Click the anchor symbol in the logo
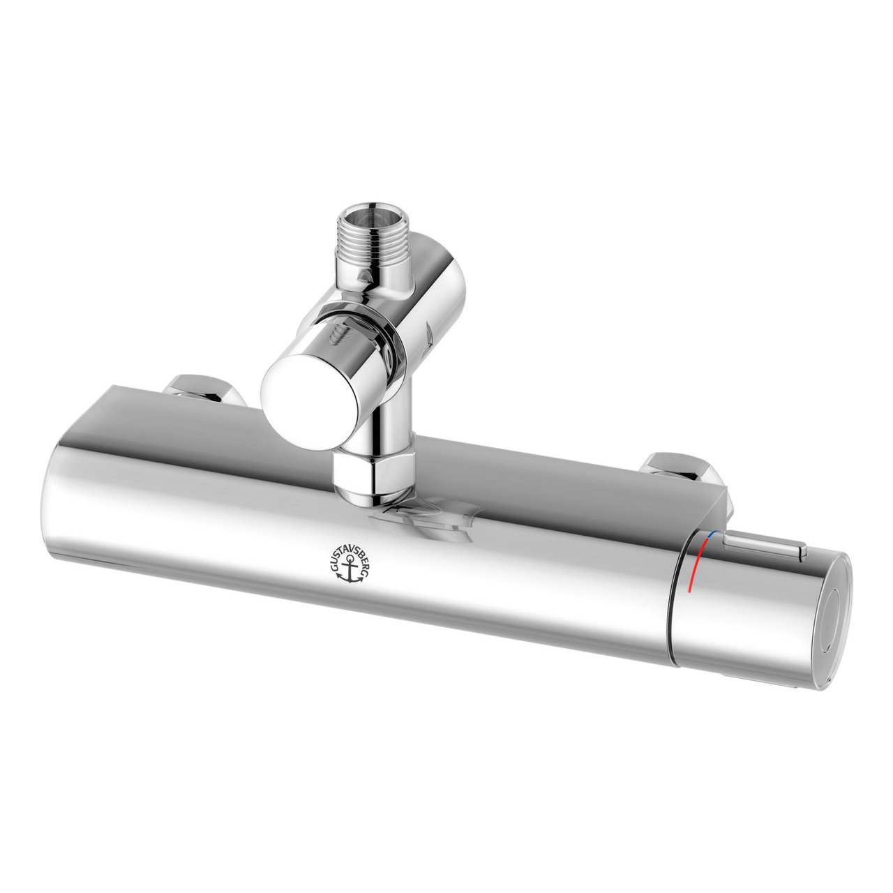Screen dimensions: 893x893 (347, 571)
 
